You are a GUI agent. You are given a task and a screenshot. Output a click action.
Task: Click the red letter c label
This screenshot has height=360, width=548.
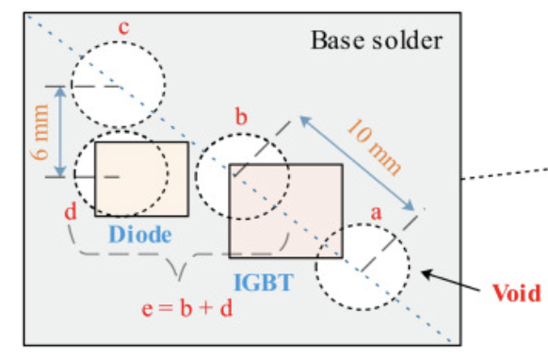123,25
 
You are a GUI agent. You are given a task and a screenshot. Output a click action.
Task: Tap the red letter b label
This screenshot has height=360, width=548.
241,118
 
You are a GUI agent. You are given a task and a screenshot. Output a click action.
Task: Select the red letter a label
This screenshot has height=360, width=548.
377,214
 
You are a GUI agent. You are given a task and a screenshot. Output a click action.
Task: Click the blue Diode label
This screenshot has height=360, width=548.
138,231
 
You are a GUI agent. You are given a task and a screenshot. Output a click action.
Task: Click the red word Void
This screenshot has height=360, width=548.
517,292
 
